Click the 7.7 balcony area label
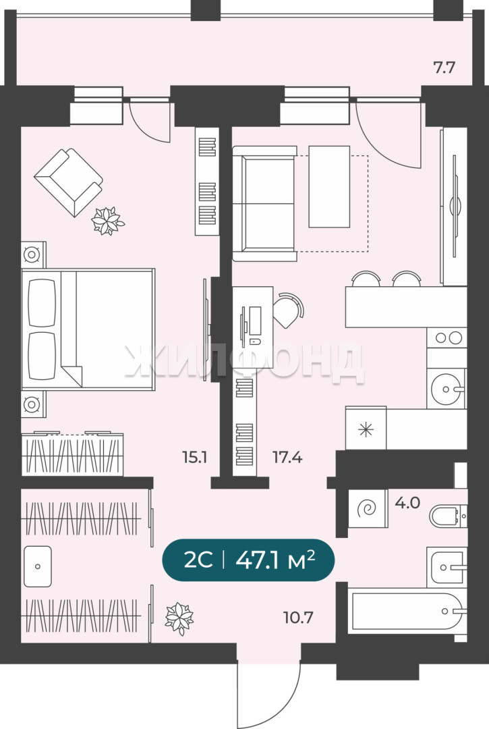pyautogui.click(x=444, y=68)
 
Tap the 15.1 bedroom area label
pyautogui.click(x=194, y=458)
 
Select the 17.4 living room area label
pyautogui.click(x=287, y=458)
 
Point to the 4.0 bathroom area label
pyautogui.click(x=407, y=503)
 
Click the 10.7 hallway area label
pyautogui.click(x=298, y=618)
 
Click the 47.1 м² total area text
pyautogui.click(x=275, y=560)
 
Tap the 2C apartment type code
pyautogui.click(x=198, y=560)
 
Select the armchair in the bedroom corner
pyautogui.click(x=69, y=182)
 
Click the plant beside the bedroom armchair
pyautogui.click(x=108, y=220)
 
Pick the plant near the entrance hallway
pyautogui.click(x=179, y=618)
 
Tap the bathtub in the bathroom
pyautogui.click(x=407, y=611)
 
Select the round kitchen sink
pyautogui.click(x=447, y=388)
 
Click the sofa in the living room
pyautogui.click(x=264, y=203)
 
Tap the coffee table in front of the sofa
pyautogui.click(x=329, y=186)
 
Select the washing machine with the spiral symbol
pyautogui.click(x=368, y=509)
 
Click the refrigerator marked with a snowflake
pyautogui.click(x=366, y=429)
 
